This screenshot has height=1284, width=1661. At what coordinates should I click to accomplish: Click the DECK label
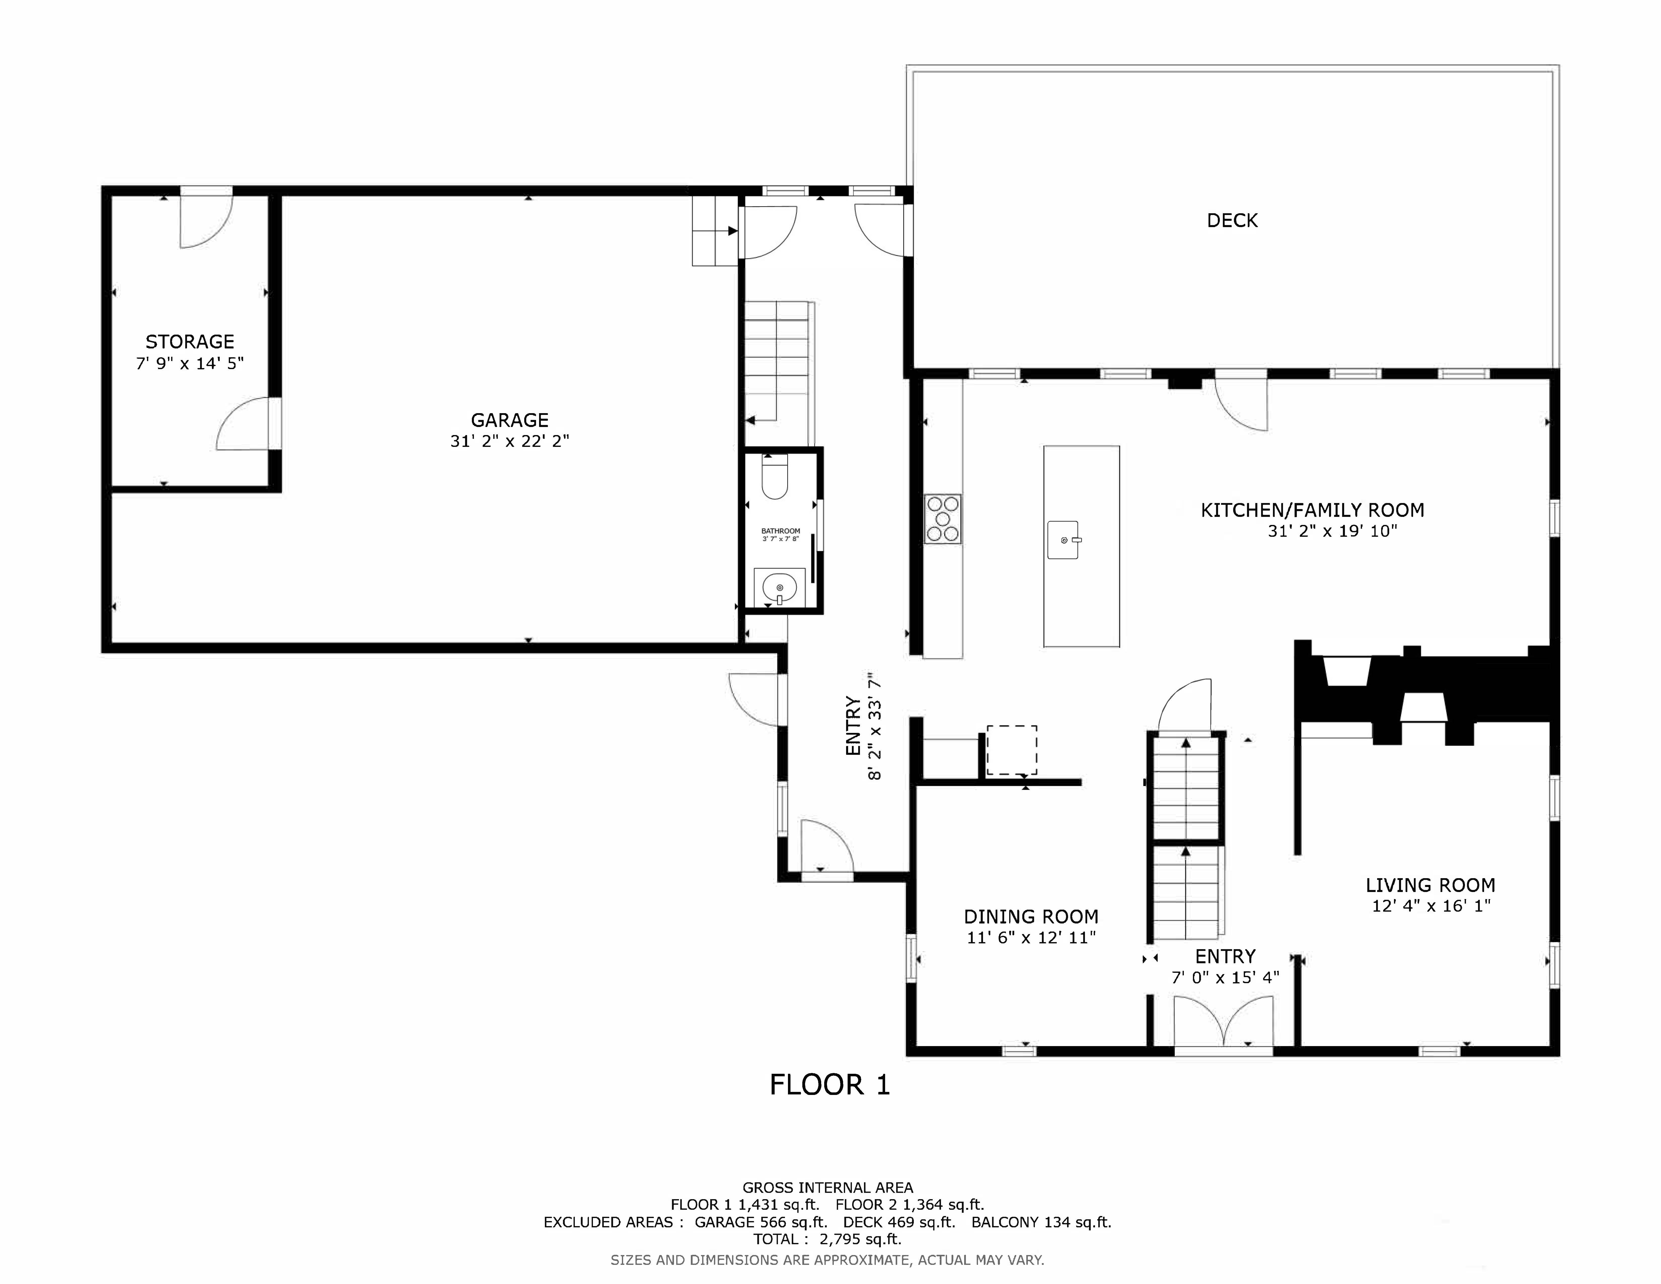(1232, 221)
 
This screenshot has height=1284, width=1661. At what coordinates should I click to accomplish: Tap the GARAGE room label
(510, 420)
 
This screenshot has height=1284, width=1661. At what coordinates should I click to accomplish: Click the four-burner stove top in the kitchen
(942, 519)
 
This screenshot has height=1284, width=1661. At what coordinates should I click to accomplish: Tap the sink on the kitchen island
(1063, 540)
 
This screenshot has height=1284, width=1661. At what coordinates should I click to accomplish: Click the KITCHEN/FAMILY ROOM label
(1312, 510)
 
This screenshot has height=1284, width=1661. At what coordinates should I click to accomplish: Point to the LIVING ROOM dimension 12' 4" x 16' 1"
(1430, 906)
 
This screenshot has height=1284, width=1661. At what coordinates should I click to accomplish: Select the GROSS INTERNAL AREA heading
(827, 1187)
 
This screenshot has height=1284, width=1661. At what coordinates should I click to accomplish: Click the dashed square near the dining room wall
(1011, 750)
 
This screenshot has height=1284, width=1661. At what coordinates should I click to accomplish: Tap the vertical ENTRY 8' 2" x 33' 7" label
(863, 726)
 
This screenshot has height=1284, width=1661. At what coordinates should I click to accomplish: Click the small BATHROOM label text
(780, 531)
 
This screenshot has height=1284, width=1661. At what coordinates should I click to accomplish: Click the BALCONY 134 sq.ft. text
(1041, 1222)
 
